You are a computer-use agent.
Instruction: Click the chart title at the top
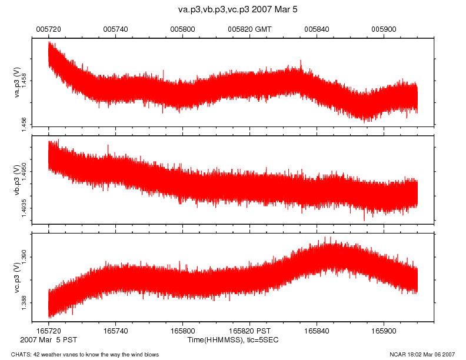pos(232,10)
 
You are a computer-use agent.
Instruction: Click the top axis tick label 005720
pos(48,28)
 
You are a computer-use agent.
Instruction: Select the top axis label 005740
pos(115,28)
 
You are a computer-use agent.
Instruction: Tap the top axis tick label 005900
pos(384,28)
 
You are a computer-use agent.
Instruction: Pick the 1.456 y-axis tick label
pos(24,121)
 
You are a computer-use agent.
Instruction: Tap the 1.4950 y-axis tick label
pos(24,172)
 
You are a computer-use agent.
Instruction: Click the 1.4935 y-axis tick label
pos(24,208)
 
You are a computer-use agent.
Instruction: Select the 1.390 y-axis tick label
pos(24,256)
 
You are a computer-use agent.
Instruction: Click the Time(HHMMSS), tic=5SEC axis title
pos(232,340)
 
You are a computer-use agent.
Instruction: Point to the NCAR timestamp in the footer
pos(422,354)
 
